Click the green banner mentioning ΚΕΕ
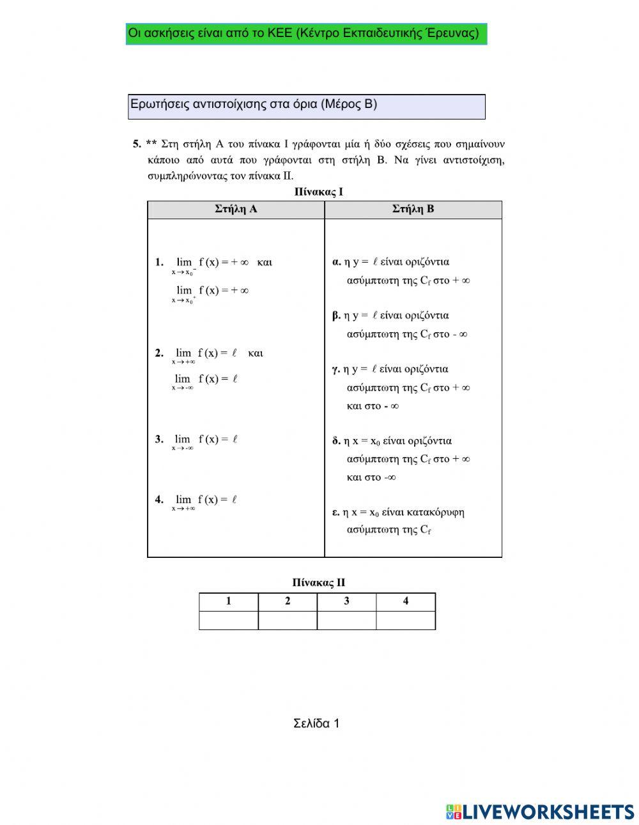tap(306, 34)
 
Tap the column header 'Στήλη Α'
tap(236, 210)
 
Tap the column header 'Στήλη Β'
tap(413, 210)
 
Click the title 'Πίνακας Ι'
tap(319, 192)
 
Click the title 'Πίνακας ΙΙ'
tap(319, 582)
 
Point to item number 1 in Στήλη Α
tap(159, 262)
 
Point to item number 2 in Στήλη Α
tap(159, 353)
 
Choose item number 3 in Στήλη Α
tap(159, 439)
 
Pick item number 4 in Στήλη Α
tap(159, 500)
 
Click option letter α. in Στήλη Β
tap(336, 261)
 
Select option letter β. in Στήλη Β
tap(336, 315)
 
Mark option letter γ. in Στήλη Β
tap(336, 369)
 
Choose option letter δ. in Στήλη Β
tap(336, 440)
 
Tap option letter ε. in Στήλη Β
tap(335, 512)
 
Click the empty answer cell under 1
tap(229, 620)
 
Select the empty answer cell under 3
tap(346, 620)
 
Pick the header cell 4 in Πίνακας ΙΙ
tap(406, 601)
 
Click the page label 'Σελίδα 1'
tap(316, 723)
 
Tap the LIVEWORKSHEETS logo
tap(540, 812)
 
